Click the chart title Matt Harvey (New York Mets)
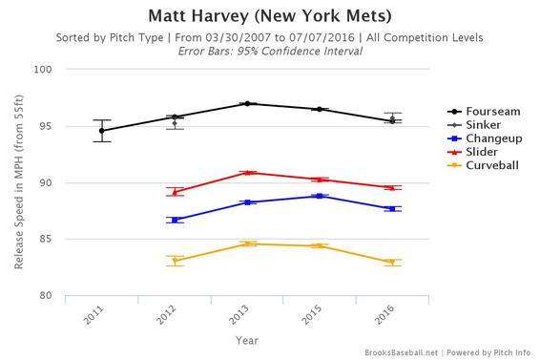(x=270, y=16)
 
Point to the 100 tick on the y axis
(x=44, y=70)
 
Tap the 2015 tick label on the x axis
(x=319, y=315)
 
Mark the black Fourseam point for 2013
(x=248, y=103)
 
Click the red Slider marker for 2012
(x=175, y=192)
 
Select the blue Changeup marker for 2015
(x=321, y=196)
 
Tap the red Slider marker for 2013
(x=248, y=173)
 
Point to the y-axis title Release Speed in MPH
(x=18, y=182)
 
